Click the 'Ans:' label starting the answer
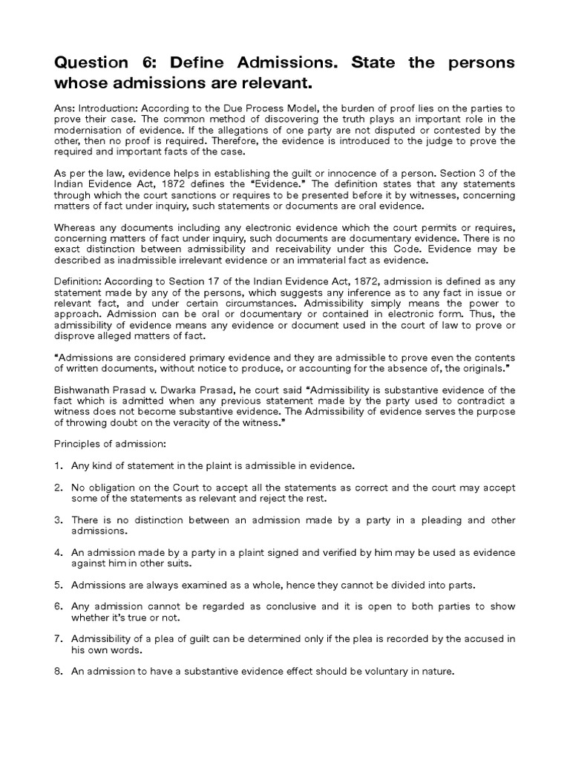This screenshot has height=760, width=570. tap(65, 107)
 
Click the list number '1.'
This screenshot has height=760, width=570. tap(59, 465)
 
